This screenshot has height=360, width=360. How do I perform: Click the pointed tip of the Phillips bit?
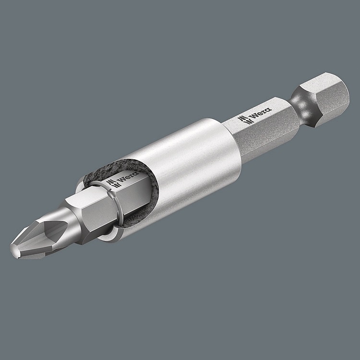14,250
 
